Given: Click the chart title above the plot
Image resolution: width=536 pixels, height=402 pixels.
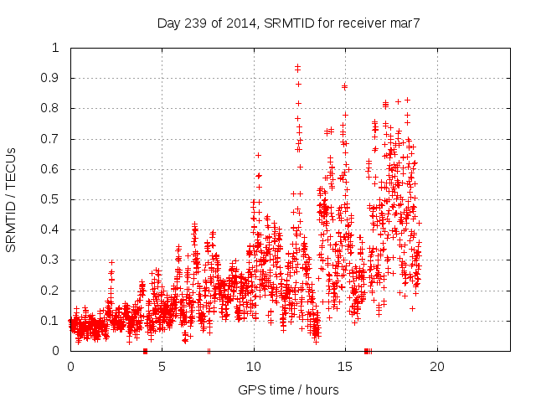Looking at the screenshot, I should click(288, 23).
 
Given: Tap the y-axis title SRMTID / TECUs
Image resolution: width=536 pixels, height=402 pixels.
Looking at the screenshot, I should click(11, 199).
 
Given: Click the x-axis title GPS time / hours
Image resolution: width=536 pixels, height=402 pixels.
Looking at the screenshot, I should click(288, 389).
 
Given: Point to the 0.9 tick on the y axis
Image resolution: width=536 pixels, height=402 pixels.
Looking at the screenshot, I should click(55, 78).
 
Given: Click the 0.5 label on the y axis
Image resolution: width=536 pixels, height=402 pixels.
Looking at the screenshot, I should click(55, 199).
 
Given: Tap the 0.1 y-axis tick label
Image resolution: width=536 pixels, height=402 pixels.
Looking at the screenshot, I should click(55, 321).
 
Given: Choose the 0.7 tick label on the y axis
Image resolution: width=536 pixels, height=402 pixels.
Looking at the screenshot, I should click(55, 139).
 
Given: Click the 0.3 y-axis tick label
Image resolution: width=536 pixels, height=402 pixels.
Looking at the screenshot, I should click(55, 260).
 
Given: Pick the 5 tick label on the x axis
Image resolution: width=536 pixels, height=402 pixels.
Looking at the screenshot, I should click(162, 366).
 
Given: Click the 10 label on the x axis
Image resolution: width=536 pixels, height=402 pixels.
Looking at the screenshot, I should click(254, 366).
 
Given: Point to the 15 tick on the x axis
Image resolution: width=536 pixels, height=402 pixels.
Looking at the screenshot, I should click(346, 366).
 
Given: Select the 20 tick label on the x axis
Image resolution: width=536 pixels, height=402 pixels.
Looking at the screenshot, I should click(437, 366).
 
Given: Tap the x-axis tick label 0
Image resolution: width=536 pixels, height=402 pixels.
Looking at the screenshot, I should click(70, 366).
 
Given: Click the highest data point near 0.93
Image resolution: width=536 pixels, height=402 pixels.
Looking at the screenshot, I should click(297, 67).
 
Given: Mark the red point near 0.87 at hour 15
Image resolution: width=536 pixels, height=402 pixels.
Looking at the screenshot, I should click(344, 86).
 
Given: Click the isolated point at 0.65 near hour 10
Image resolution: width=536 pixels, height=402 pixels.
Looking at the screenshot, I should click(258, 155).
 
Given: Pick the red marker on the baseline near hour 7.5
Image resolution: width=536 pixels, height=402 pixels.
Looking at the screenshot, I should click(209, 351).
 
